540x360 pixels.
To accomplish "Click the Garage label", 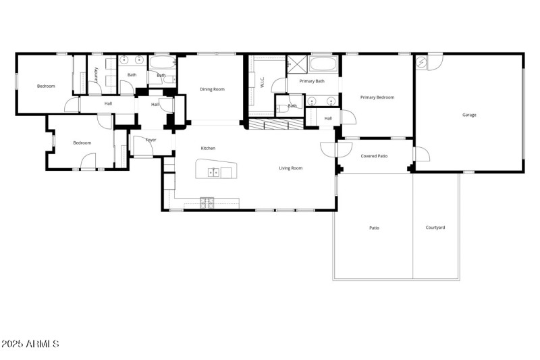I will [x=469, y=115].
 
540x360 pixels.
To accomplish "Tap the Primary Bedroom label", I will [x=377, y=97].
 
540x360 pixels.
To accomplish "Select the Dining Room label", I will [x=212, y=89].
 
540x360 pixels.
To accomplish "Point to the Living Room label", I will [x=291, y=168].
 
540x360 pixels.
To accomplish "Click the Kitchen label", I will [x=208, y=148].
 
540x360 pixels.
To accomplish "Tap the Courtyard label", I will [x=435, y=228].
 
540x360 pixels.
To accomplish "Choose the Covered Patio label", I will [x=374, y=156].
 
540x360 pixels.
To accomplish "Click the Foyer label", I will [x=151, y=140].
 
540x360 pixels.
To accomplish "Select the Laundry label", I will [x=97, y=74].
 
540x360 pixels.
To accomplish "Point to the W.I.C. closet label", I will [x=262, y=82].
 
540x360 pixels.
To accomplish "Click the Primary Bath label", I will [x=312, y=81].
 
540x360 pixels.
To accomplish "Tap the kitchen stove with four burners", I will [x=207, y=201].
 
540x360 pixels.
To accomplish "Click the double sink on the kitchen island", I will [x=213, y=172].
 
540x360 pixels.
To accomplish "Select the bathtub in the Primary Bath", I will [x=325, y=66].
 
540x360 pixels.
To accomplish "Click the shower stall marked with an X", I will [x=297, y=65].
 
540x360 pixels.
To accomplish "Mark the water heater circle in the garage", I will [x=422, y=63].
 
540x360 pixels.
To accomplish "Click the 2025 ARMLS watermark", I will [x=30, y=344].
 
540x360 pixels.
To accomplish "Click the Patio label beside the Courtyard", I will [x=374, y=228].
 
